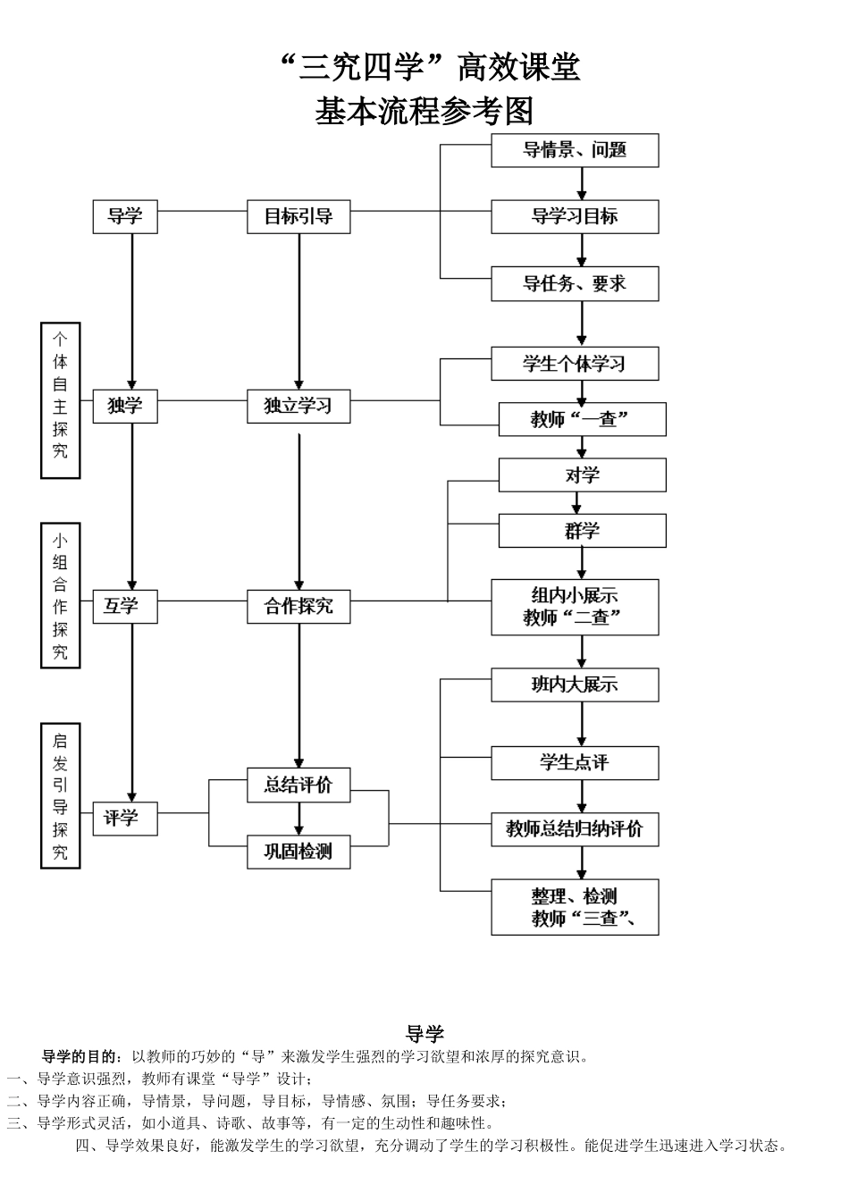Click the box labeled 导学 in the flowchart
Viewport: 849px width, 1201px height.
[x=125, y=217]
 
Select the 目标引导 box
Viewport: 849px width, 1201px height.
[x=298, y=217]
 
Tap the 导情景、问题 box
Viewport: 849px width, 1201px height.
[x=575, y=150]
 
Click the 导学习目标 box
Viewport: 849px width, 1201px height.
[x=575, y=217]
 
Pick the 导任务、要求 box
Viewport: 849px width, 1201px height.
[x=575, y=284]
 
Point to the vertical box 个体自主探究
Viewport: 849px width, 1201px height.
[x=60, y=400]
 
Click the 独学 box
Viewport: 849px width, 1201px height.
[x=125, y=406]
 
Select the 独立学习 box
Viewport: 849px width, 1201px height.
[x=298, y=407]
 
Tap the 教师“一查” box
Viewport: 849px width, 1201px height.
[x=582, y=419]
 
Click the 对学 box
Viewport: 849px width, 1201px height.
[x=582, y=475]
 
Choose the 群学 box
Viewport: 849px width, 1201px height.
[x=582, y=531]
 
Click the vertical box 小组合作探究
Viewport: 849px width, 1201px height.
[x=60, y=596]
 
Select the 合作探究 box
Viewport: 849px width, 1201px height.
[x=298, y=607]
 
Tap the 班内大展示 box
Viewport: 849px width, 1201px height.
[x=575, y=685]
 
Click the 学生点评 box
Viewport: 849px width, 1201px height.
[x=575, y=763]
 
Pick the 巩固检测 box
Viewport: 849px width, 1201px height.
[x=298, y=852]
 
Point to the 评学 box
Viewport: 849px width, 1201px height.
[x=125, y=819]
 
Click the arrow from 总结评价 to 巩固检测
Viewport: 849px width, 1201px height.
[x=298, y=819]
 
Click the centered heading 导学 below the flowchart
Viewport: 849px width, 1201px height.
[x=424, y=1035]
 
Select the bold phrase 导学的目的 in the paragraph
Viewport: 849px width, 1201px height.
[x=80, y=1056]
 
